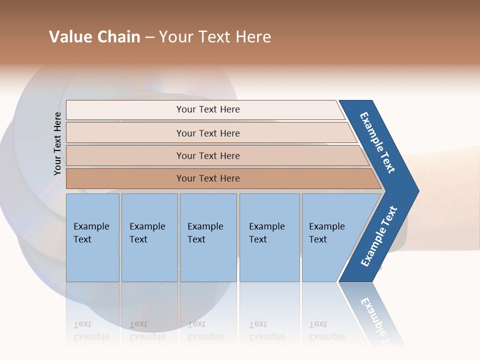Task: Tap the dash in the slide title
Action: coord(149,37)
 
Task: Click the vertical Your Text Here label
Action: coord(57,144)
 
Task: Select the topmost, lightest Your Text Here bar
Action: coord(207,109)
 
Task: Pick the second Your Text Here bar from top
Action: coord(207,133)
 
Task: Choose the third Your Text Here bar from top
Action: coord(207,155)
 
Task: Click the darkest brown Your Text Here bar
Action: coord(207,178)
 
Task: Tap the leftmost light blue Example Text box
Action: coord(92,237)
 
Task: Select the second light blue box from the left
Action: coord(149,237)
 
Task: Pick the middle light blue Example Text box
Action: coord(208,237)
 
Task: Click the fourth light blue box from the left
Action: coord(269,237)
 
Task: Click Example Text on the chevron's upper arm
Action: coord(377,142)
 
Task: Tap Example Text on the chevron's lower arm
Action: coord(379,236)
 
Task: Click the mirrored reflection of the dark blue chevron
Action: coord(372,312)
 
